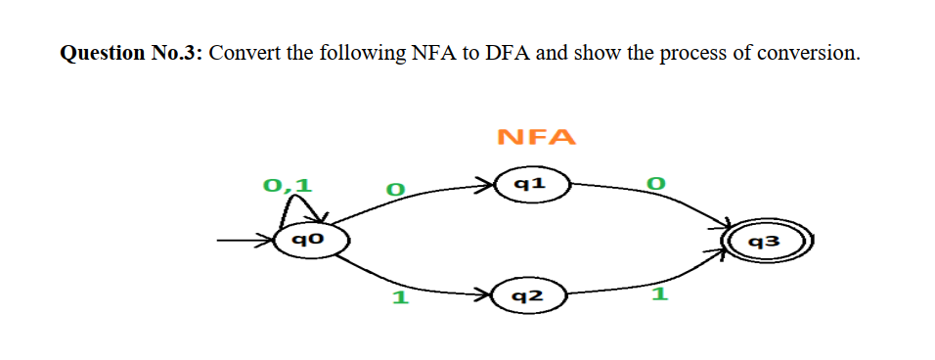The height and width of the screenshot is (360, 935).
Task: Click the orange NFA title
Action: tap(536, 137)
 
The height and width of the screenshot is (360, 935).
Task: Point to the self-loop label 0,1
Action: tap(289, 183)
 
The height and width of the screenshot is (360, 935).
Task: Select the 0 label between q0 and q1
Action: tap(394, 187)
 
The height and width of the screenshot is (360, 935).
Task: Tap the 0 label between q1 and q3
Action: tap(656, 184)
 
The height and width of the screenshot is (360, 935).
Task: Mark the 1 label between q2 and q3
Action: tap(658, 294)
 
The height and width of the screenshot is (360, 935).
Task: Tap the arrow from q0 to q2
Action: tap(411, 280)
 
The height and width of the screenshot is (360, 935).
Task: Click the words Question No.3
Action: tap(131, 53)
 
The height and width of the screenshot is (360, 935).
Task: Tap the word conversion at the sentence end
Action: tap(811, 53)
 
